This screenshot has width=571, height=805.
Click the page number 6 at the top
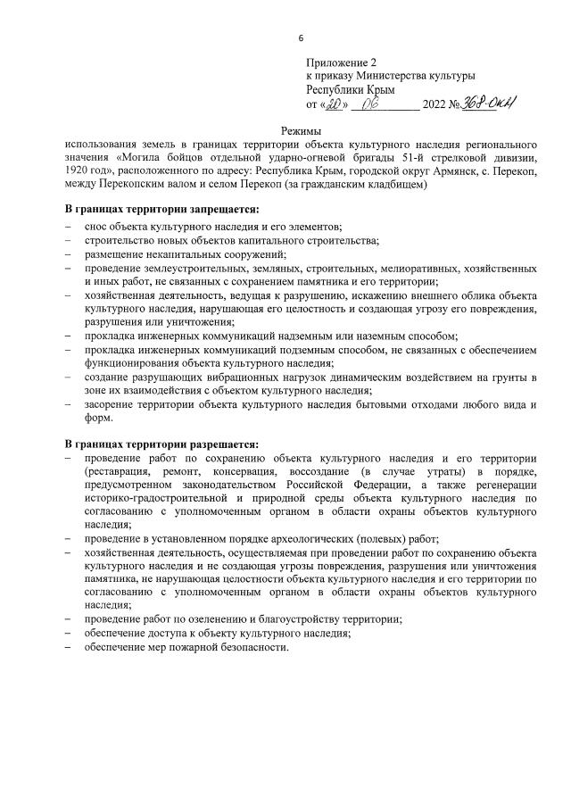pyautogui.click(x=301, y=38)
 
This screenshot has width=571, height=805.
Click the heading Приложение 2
pyautogui.click(x=342, y=62)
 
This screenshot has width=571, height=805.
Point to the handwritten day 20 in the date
pyautogui.click(x=334, y=104)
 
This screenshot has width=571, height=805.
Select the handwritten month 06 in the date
pyautogui.click(x=385, y=104)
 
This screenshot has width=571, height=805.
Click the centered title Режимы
pyautogui.click(x=301, y=131)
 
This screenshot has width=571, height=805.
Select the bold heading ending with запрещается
pyautogui.click(x=161, y=210)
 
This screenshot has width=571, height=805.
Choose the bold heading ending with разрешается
pyautogui.click(x=161, y=444)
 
